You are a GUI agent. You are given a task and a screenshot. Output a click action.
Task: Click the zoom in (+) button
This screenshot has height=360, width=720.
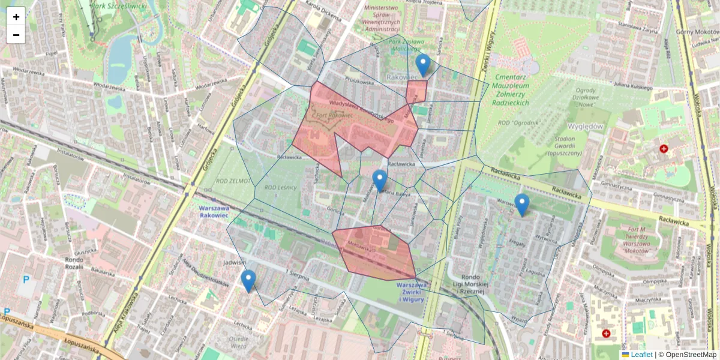pos(16,17)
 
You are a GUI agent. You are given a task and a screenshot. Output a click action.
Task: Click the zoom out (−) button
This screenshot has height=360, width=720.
pos(16,35)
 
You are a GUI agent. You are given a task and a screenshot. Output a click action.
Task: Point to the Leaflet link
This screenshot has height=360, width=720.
pos(641,355)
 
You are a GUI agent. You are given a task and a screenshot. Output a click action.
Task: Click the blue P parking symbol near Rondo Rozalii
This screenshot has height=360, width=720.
pos(25,279)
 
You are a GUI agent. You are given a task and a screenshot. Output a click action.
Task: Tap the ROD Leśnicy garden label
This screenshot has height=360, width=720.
pos(283,188)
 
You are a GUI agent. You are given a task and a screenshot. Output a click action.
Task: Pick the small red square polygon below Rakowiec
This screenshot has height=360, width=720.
pos(416,92)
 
